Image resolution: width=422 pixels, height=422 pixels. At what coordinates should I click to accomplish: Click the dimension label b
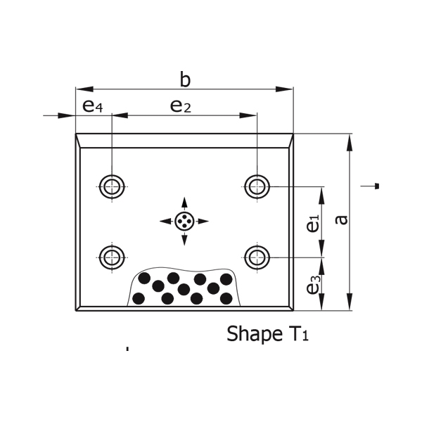coord(185,79)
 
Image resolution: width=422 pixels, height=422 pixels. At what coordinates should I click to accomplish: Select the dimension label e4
coord(92,106)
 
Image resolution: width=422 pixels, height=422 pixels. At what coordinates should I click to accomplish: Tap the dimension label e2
coord(181,106)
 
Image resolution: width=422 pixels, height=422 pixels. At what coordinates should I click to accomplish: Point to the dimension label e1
coord(312,223)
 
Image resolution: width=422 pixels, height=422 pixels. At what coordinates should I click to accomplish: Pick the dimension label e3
coord(313,285)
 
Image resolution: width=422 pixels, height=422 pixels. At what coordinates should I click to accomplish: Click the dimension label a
coord(342,220)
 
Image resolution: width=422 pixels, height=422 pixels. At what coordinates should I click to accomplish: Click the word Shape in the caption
coord(250,334)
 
